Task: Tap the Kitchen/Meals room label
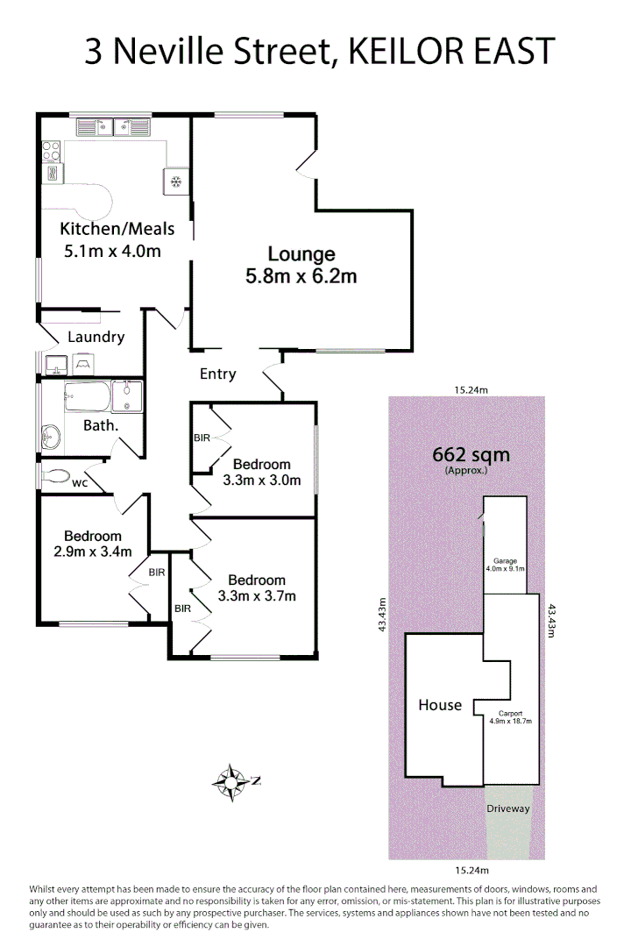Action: click(x=117, y=229)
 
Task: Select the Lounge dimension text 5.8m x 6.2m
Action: click(x=301, y=277)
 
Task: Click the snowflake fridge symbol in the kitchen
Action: click(x=175, y=182)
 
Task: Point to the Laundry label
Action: click(x=96, y=337)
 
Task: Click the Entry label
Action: click(x=217, y=374)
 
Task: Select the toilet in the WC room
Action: click(x=55, y=476)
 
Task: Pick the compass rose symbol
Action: click(x=232, y=780)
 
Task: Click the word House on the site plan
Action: click(x=439, y=705)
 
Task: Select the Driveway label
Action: click(x=508, y=808)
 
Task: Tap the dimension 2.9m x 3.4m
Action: click(x=92, y=552)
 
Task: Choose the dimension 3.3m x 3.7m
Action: click(x=256, y=596)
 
